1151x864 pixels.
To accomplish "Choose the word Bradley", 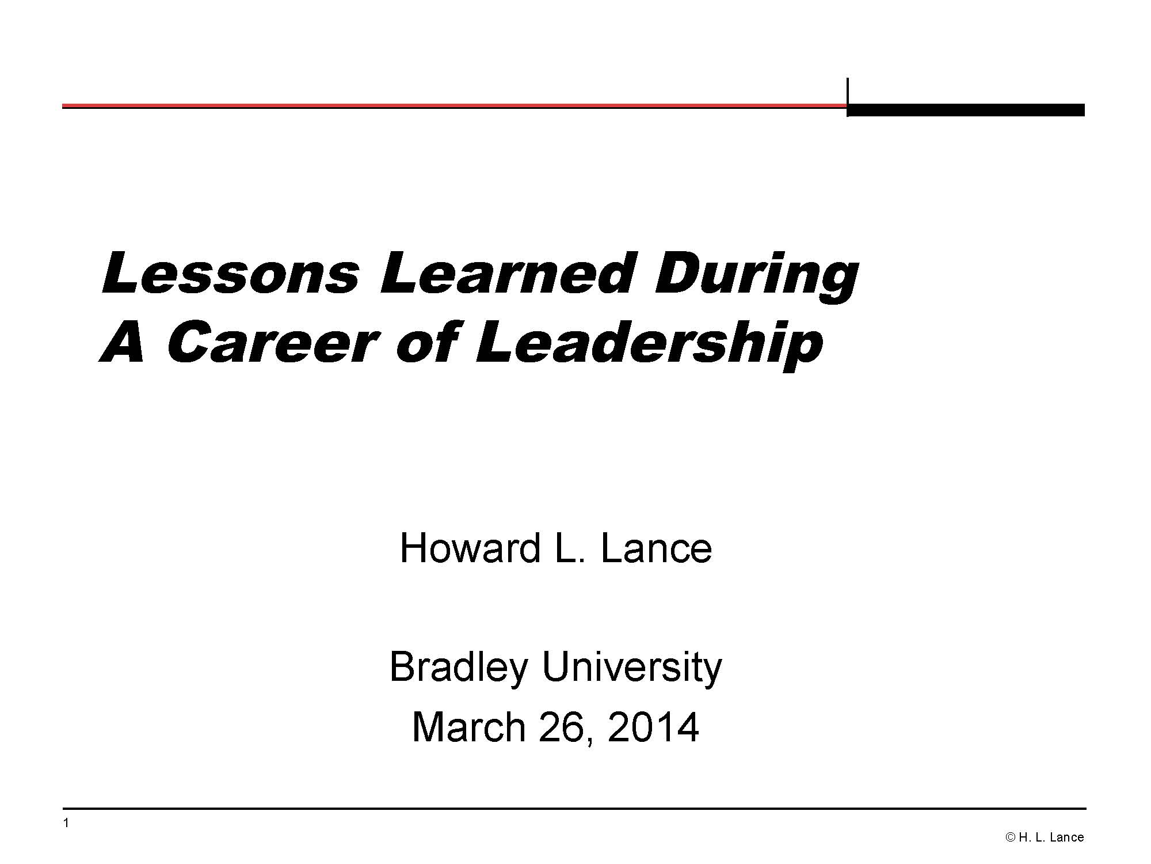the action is pos(459,668).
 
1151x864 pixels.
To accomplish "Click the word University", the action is pos(631,668).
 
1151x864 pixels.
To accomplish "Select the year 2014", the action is pos(653,727).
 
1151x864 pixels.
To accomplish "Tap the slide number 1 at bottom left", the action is pos(66,823).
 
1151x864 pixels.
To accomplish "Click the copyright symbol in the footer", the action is pos(1010,838).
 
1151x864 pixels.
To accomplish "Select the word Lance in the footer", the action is pos(1066,838).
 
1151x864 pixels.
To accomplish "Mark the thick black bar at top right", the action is pos(966,110).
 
